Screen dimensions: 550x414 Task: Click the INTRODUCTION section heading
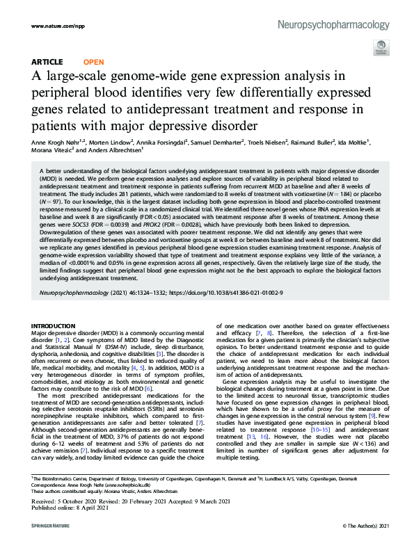[58, 325]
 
